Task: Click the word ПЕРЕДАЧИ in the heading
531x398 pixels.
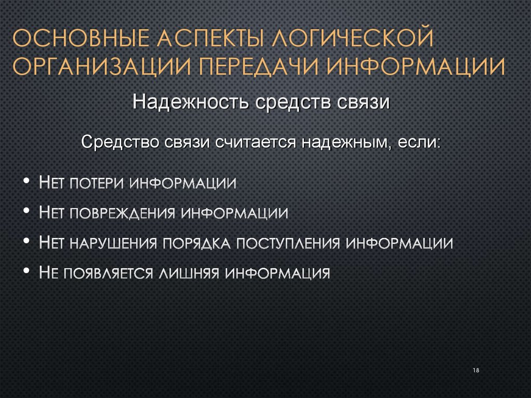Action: click(259, 67)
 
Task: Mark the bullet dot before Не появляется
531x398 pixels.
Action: click(26, 273)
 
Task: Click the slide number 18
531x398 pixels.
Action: click(476, 370)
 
